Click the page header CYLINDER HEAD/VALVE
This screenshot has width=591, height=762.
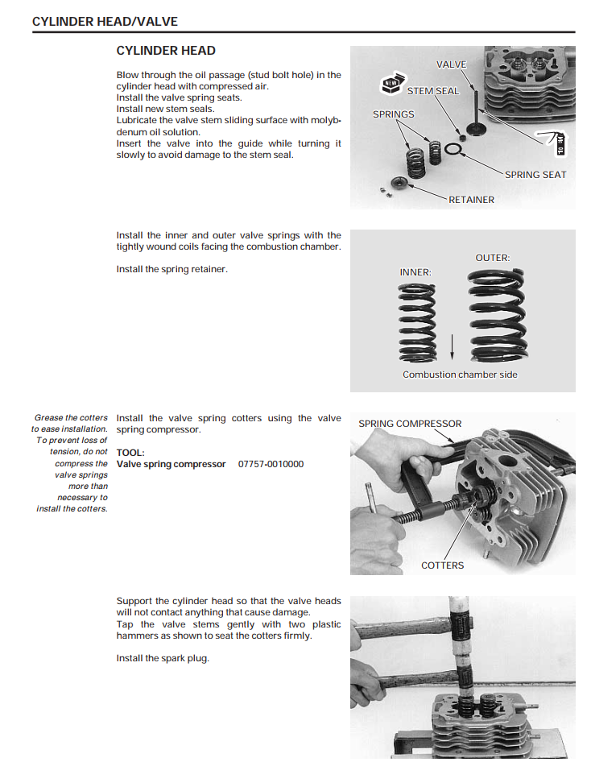(x=105, y=22)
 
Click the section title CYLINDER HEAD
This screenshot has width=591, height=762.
(x=166, y=51)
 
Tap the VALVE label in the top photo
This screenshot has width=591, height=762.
(x=451, y=64)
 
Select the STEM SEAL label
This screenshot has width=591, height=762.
(x=433, y=91)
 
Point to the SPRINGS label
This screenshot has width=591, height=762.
(x=394, y=114)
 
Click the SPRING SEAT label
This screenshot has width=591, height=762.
(x=535, y=175)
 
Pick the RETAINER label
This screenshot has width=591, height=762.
(x=471, y=200)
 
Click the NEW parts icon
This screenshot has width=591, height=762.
(x=392, y=83)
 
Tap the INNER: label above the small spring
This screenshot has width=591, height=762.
(x=415, y=272)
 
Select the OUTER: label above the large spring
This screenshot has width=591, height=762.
(x=493, y=258)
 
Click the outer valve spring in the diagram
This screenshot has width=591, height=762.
(x=494, y=317)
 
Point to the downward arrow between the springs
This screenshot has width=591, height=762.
(x=453, y=346)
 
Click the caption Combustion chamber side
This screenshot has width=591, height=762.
(x=460, y=375)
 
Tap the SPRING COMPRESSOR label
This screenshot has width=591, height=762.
(x=410, y=424)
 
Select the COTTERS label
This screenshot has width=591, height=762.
(x=442, y=565)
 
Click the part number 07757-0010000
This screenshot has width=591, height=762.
(x=271, y=464)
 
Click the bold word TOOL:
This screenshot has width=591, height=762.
(x=130, y=453)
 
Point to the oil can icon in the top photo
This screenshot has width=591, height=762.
(x=556, y=143)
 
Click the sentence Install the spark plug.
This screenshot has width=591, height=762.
(x=163, y=659)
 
